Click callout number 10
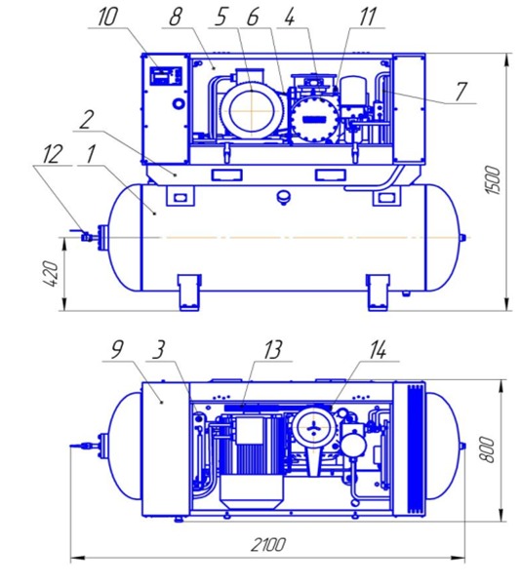pyautogui.click(x=107, y=18)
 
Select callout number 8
pyautogui.click(x=176, y=18)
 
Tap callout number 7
pyautogui.click(x=461, y=92)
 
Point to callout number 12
pyautogui.click(x=52, y=154)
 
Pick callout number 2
pyautogui.click(x=86, y=120)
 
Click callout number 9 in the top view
pyautogui.click(x=117, y=350)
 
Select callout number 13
pyautogui.click(x=272, y=350)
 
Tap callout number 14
pyautogui.click(x=378, y=350)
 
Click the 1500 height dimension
pyautogui.click(x=493, y=180)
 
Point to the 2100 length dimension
pyautogui.click(x=268, y=545)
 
